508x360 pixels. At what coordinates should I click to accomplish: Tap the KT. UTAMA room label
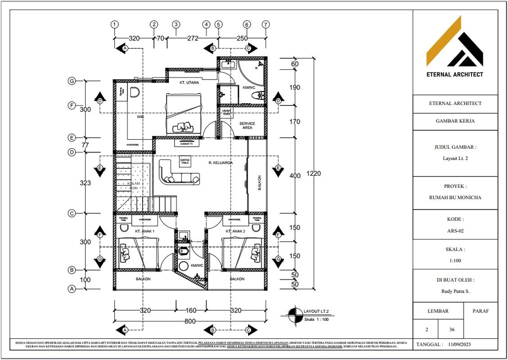point(189,83)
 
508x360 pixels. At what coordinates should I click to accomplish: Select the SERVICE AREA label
point(247,125)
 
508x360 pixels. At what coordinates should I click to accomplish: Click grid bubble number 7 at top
point(266,24)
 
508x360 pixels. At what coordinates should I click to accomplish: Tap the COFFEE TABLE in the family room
point(185,161)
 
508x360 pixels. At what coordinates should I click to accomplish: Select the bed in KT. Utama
point(184,113)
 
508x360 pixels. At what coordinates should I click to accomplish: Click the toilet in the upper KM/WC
point(258,95)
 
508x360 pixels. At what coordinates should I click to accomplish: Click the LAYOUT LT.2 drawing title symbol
point(292,316)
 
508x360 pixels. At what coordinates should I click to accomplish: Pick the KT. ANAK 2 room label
point(235,231)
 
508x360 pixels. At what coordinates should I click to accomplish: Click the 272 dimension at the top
point(193,38)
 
